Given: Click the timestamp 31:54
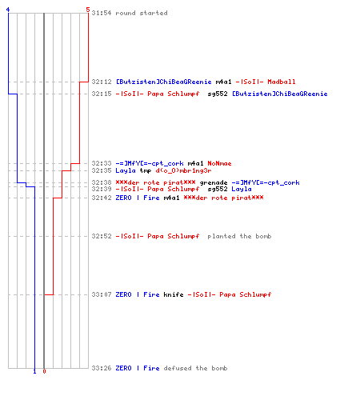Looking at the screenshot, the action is pyautogui.click(x=102, y=13).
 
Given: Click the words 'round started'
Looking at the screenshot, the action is pyautogui.click(x=142, y=13).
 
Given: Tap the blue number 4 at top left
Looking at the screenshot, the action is pyautogui.click(x=8, y=10).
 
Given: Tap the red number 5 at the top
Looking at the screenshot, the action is pyautogui.click(x=88, y=10).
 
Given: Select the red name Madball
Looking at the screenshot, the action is pyautogui.click(x=282, y=82).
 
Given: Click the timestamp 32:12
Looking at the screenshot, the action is pyautogui.click(x=102, y=82).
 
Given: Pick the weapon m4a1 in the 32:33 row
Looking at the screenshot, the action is pyautogui.click(x=195, y=163).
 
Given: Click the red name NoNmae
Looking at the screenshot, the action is pyautogui.click(x=219, y=163).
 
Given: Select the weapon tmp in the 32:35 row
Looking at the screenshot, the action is pyautogui.click(x=146, y=170).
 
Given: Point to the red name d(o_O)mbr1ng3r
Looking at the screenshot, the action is pyautogui.click(x=183, y=170).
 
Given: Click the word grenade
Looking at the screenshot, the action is pyautogui.click(x=214, y=182).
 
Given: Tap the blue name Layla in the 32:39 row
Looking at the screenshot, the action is pyautogui.click(x=242, y=189).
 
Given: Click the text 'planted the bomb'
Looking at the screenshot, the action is pyautogui.click(x=239, y=236).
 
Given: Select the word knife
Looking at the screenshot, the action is pyautogui.click(x=174, y=294).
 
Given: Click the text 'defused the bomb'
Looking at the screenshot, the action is pyautogui.click(x=195, y=368).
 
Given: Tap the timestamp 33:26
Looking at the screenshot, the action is pyautogui.click(x=102, y=368).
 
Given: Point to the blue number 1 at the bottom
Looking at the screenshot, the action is pyautogui.click(x=34, y=371).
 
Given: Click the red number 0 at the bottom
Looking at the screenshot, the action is pyautogui.click(x=44, y=371).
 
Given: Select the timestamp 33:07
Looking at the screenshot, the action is pyautogui.click(x=102, y=294).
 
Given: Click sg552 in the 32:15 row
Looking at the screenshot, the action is pyautogui.click(x=218, y=94).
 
